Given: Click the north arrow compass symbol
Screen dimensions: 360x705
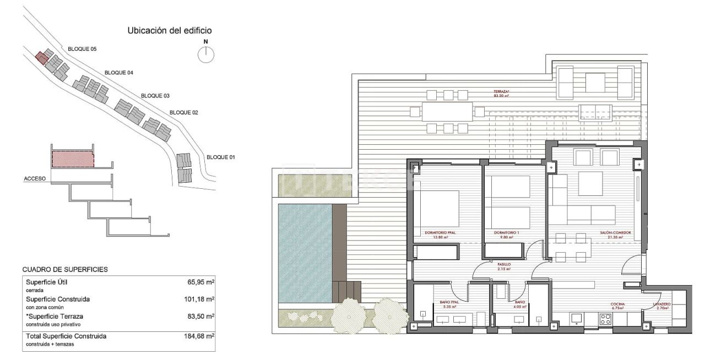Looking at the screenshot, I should [206, 54].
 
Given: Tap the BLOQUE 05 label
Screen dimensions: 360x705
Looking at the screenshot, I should [82, 49].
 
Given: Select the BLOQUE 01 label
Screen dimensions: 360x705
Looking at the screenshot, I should [221, 157].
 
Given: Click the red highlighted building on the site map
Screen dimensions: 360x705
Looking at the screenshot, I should [40, 57].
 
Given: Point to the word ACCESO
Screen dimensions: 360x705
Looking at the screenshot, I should [35, 179].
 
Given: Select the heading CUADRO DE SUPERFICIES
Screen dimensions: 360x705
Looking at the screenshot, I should [65, 270].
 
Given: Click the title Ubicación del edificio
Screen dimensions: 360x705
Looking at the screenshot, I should [170, 31].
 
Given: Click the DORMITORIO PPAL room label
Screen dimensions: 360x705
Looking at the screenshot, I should [440, 233].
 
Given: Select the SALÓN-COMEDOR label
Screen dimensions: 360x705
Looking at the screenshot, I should [615, 233].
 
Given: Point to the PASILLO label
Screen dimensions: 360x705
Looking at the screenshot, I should [503, 265].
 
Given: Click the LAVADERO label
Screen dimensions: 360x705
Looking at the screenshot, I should [662, 303].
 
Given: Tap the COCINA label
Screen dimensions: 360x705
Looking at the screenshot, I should [617, 303].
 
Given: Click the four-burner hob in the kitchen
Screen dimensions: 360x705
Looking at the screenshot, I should [605, 319].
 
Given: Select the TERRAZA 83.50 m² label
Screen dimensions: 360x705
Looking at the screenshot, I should [501, 93].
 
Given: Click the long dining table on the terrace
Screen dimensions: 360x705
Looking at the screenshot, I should [447, 112].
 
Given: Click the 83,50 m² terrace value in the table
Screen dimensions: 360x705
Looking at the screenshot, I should [199, 317].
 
